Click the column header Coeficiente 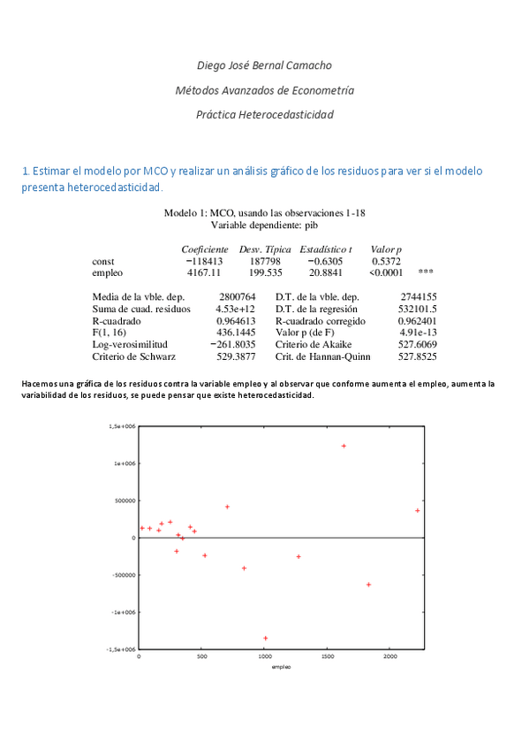point(205,249)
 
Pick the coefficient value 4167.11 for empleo point(204,273)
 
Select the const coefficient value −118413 point(204,262)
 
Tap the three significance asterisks point(426,273)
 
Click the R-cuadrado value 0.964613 point(236,321)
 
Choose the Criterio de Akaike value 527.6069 point(418,345)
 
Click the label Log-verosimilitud point(129,345)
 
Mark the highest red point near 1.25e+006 point(344,446)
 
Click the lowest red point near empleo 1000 point(265,638)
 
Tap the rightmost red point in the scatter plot point(417,510)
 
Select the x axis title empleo point(281,667)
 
